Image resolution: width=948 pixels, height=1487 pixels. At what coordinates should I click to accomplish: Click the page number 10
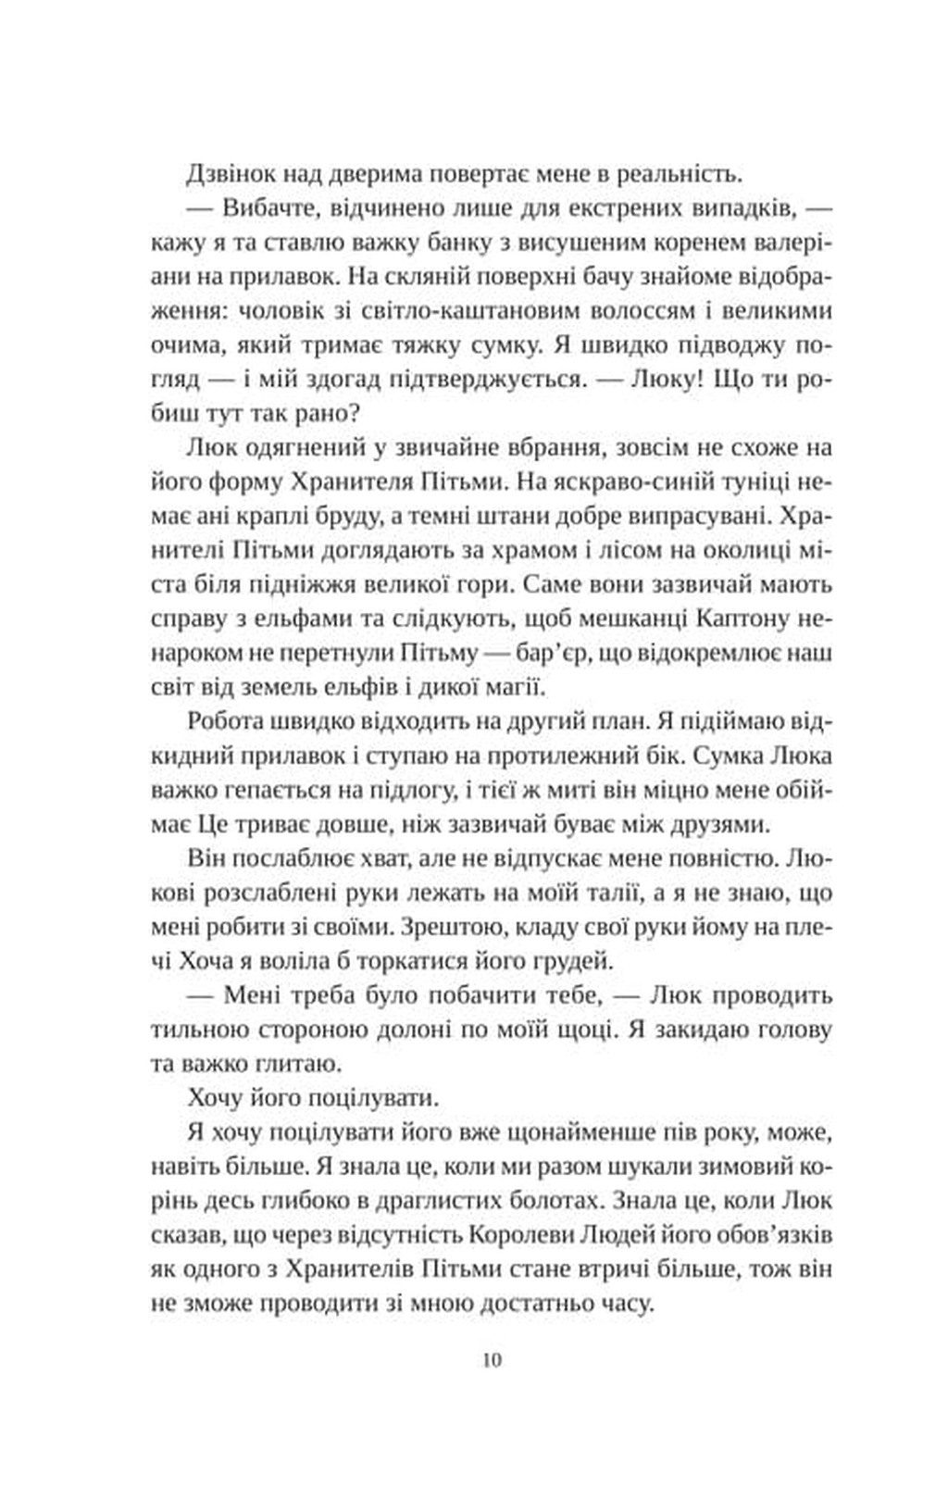tap(491, 1360)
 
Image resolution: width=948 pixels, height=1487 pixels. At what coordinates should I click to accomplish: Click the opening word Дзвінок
tap(229, 173)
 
